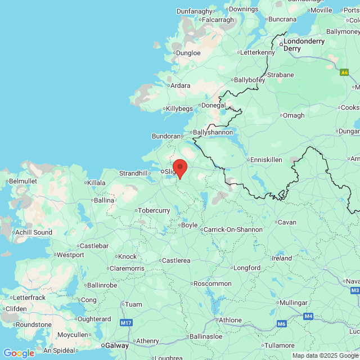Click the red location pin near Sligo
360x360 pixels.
179,168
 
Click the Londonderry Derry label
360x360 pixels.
304,44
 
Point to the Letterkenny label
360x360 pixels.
258,52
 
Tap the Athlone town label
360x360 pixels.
230,320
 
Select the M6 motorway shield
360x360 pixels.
281,325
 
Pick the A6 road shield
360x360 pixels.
344,72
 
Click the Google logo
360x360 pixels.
19,353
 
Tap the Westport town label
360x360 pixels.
70,254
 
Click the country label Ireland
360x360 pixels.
282,258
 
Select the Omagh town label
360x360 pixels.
292,115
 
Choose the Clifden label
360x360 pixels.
16,308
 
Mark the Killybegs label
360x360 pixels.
180,109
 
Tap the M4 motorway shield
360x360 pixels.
308,316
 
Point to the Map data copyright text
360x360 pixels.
326,355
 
